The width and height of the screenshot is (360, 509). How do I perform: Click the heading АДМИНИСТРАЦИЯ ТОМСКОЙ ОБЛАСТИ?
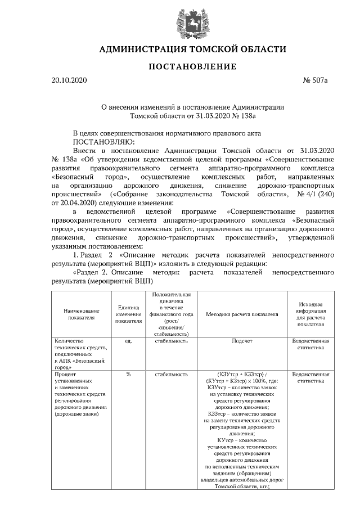192,49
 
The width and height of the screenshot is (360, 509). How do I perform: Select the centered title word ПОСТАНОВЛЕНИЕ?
192,67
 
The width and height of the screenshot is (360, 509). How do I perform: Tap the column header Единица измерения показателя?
128,314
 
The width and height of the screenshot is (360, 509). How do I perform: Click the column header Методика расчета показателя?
242,314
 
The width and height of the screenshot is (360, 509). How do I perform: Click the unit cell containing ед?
128,341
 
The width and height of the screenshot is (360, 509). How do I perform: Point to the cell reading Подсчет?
242,341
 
